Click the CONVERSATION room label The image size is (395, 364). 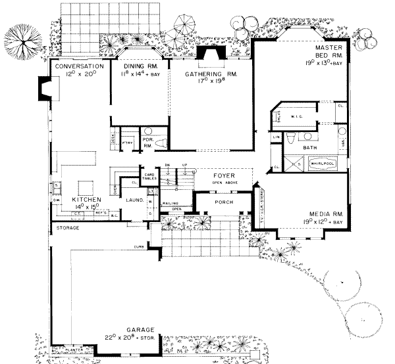(x=80, y=67)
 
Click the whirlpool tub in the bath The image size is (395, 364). (x=321, y=164)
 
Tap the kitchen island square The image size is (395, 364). (x=86, y=185)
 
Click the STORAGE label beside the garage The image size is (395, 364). (x=67, y=227)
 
